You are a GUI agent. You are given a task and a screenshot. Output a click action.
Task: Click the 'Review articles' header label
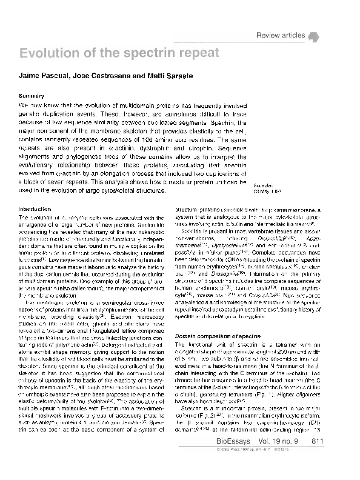(281, 36)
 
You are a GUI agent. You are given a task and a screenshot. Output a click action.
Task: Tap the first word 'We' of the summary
(24, 105)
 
